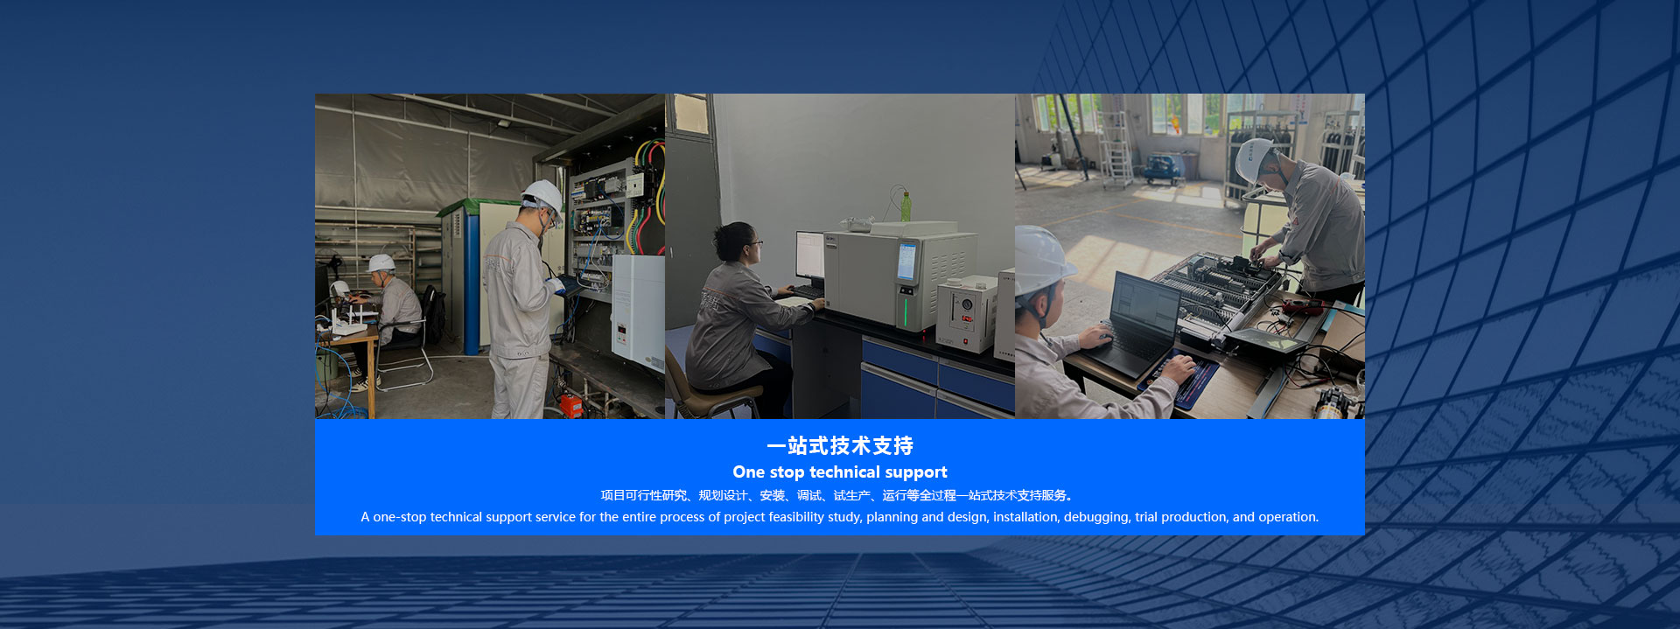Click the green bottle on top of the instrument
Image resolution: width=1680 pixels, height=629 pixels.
pyautogui.click(x=906, y=206)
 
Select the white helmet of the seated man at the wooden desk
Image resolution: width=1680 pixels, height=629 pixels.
pyautogui.click(x=381, y=262)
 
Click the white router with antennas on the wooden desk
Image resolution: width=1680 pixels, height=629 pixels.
pyautogui.click(x=350, y=320)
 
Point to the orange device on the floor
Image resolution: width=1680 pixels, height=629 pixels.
pyautogui.click(x=571, y=405)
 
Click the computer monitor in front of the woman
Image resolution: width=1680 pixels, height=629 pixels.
pyautogui.click(x=809, y=255)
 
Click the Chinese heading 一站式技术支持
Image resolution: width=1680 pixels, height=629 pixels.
pyautogui.click(x=840, y=446)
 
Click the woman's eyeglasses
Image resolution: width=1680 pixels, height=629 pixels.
pyautogui.click(x=753, y=242)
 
